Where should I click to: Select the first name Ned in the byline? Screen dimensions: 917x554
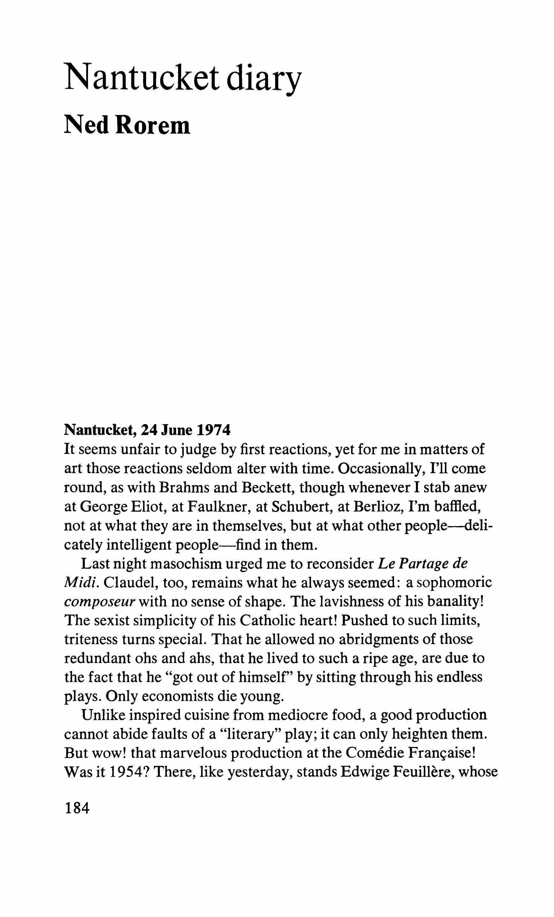(x=87, y=125)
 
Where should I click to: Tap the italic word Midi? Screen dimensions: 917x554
(x=82, y=583)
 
